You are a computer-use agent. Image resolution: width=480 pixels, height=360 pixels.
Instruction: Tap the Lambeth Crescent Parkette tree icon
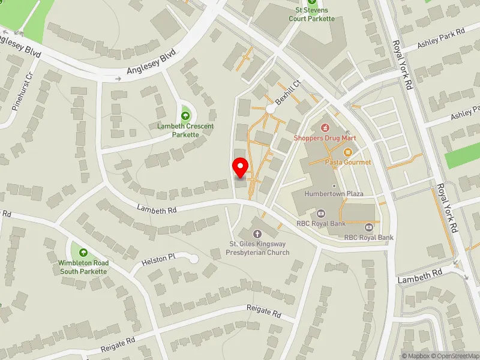[x=185, y=114]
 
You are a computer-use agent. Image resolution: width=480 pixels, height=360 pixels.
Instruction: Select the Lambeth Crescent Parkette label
[x=186, y=130]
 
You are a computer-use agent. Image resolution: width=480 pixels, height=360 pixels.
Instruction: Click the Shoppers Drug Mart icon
[x=325, y=127]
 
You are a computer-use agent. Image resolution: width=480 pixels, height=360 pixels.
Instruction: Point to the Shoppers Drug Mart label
[x=325, y=138]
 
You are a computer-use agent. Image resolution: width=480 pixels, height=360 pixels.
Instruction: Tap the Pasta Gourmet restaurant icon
[x=348, y=152]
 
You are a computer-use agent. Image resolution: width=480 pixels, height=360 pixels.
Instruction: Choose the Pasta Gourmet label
[x=348, y=162]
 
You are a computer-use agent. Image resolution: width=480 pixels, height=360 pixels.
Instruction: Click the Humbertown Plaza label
[x=334, y=194]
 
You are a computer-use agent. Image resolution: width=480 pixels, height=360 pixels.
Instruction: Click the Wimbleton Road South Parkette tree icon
[x=83, y=252]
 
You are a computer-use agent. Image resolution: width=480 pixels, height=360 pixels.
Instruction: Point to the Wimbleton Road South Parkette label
[x=83, y=267]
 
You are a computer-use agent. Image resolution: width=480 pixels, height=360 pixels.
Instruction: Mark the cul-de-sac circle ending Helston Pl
[x=193, y=259]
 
